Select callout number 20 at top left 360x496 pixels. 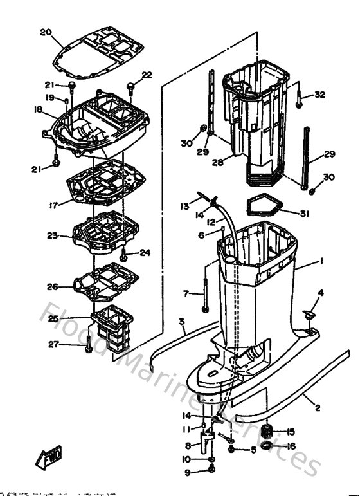tap(45, 32)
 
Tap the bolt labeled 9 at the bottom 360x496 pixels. tap(212, 473)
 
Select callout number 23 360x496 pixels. tap(53, 237)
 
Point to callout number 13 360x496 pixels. tap(185, 207)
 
